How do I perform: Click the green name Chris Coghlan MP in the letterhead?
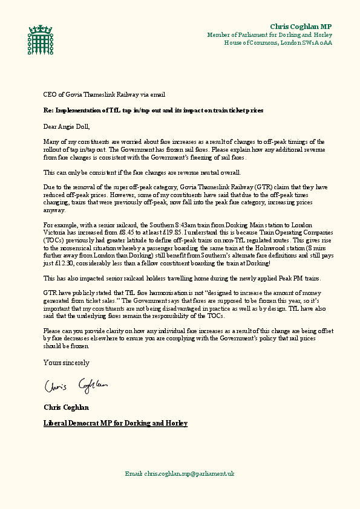point(301,27)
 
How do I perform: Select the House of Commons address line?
point(278,43)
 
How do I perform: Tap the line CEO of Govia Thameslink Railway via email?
point(104,95)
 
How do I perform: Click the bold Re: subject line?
point(145,112)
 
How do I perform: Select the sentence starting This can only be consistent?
point(142,173)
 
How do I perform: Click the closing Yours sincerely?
point(67,363)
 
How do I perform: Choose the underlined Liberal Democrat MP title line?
point(116,423)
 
